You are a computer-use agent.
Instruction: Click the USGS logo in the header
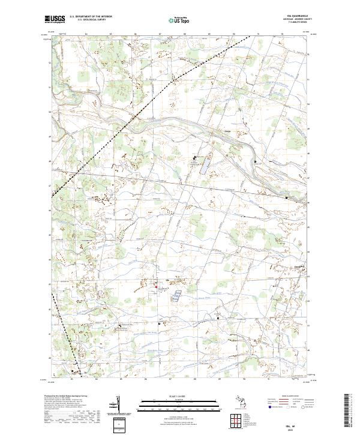click(x=55, y=19)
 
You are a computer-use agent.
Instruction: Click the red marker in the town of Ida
click(x=157, y=287)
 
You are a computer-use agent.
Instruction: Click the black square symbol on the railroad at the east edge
click(x=286, y=197)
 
